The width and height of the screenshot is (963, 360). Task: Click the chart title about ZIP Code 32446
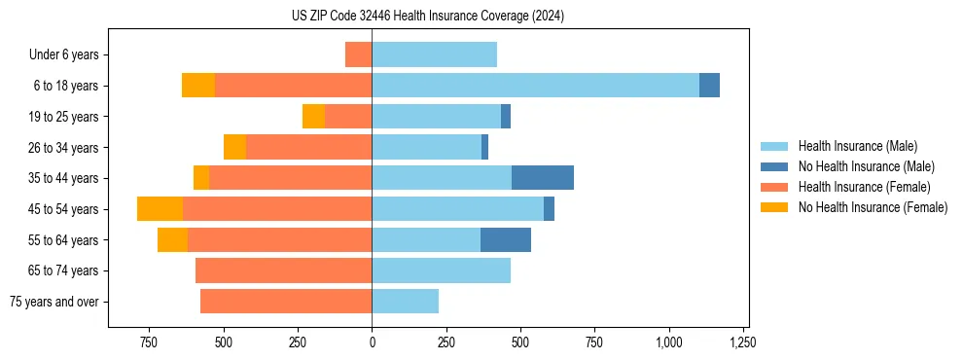pos(428,17)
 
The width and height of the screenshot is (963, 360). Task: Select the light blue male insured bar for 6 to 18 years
pos(535,86)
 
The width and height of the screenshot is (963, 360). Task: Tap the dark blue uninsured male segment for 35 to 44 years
pos(543,178)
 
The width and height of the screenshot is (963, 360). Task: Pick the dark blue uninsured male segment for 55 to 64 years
pos(506,239)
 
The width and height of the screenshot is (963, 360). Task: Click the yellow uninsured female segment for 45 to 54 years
pos(160,209)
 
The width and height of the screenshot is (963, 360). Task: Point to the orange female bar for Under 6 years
pos(358,54)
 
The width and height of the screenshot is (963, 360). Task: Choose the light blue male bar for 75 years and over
pos(405,302)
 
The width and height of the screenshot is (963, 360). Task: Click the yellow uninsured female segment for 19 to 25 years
pos(313,117)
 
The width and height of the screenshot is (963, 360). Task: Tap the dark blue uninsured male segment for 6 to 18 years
pos(709,86)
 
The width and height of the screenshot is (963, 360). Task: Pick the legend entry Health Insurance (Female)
pos(864,187)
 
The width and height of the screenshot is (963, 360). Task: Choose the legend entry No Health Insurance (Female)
pos(873,207)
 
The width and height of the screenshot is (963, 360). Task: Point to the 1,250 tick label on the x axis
pos(743,342)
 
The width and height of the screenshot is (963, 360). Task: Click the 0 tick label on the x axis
pos(372,342)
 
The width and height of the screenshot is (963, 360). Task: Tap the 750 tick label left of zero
pos(149,342)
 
